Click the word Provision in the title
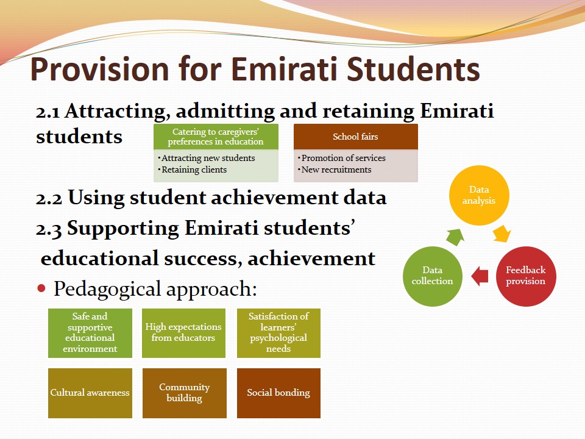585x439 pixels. [99, 70]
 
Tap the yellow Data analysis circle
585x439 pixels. [479, 195]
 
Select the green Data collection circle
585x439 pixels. [433, 276]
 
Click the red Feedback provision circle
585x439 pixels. [526, 276]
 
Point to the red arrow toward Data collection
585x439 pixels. [480, 277]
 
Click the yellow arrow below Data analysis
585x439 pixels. [502, 234]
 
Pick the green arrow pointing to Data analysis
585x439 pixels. [455, 237]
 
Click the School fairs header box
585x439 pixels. [355, 137]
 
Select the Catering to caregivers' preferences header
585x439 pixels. [216, 137]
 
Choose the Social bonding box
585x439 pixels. [278, 393]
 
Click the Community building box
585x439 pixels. [184, 393]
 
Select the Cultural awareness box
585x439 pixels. [90, 393]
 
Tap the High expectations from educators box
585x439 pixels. [183, 333]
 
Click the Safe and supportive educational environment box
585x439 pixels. [90, 333]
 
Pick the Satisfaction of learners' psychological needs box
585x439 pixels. [278, 333]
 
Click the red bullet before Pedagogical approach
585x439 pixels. [41, 288]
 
